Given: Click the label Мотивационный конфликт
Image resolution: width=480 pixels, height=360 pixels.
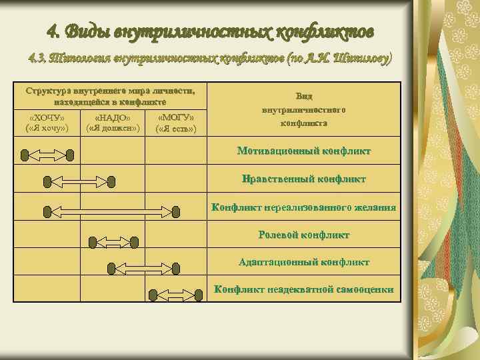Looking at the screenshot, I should point(304,151).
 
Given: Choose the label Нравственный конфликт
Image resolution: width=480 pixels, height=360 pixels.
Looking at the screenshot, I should point(304,179).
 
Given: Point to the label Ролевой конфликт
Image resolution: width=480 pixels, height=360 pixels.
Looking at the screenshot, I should point(304,235).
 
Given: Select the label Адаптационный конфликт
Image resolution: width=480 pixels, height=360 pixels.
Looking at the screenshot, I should point(304,262).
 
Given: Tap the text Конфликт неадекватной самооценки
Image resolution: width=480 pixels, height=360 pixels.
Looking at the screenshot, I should point(304,289).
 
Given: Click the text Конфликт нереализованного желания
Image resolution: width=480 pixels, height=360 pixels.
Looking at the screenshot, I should point(304,207).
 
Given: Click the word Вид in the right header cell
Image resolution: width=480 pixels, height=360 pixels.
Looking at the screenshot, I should point(304,97).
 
